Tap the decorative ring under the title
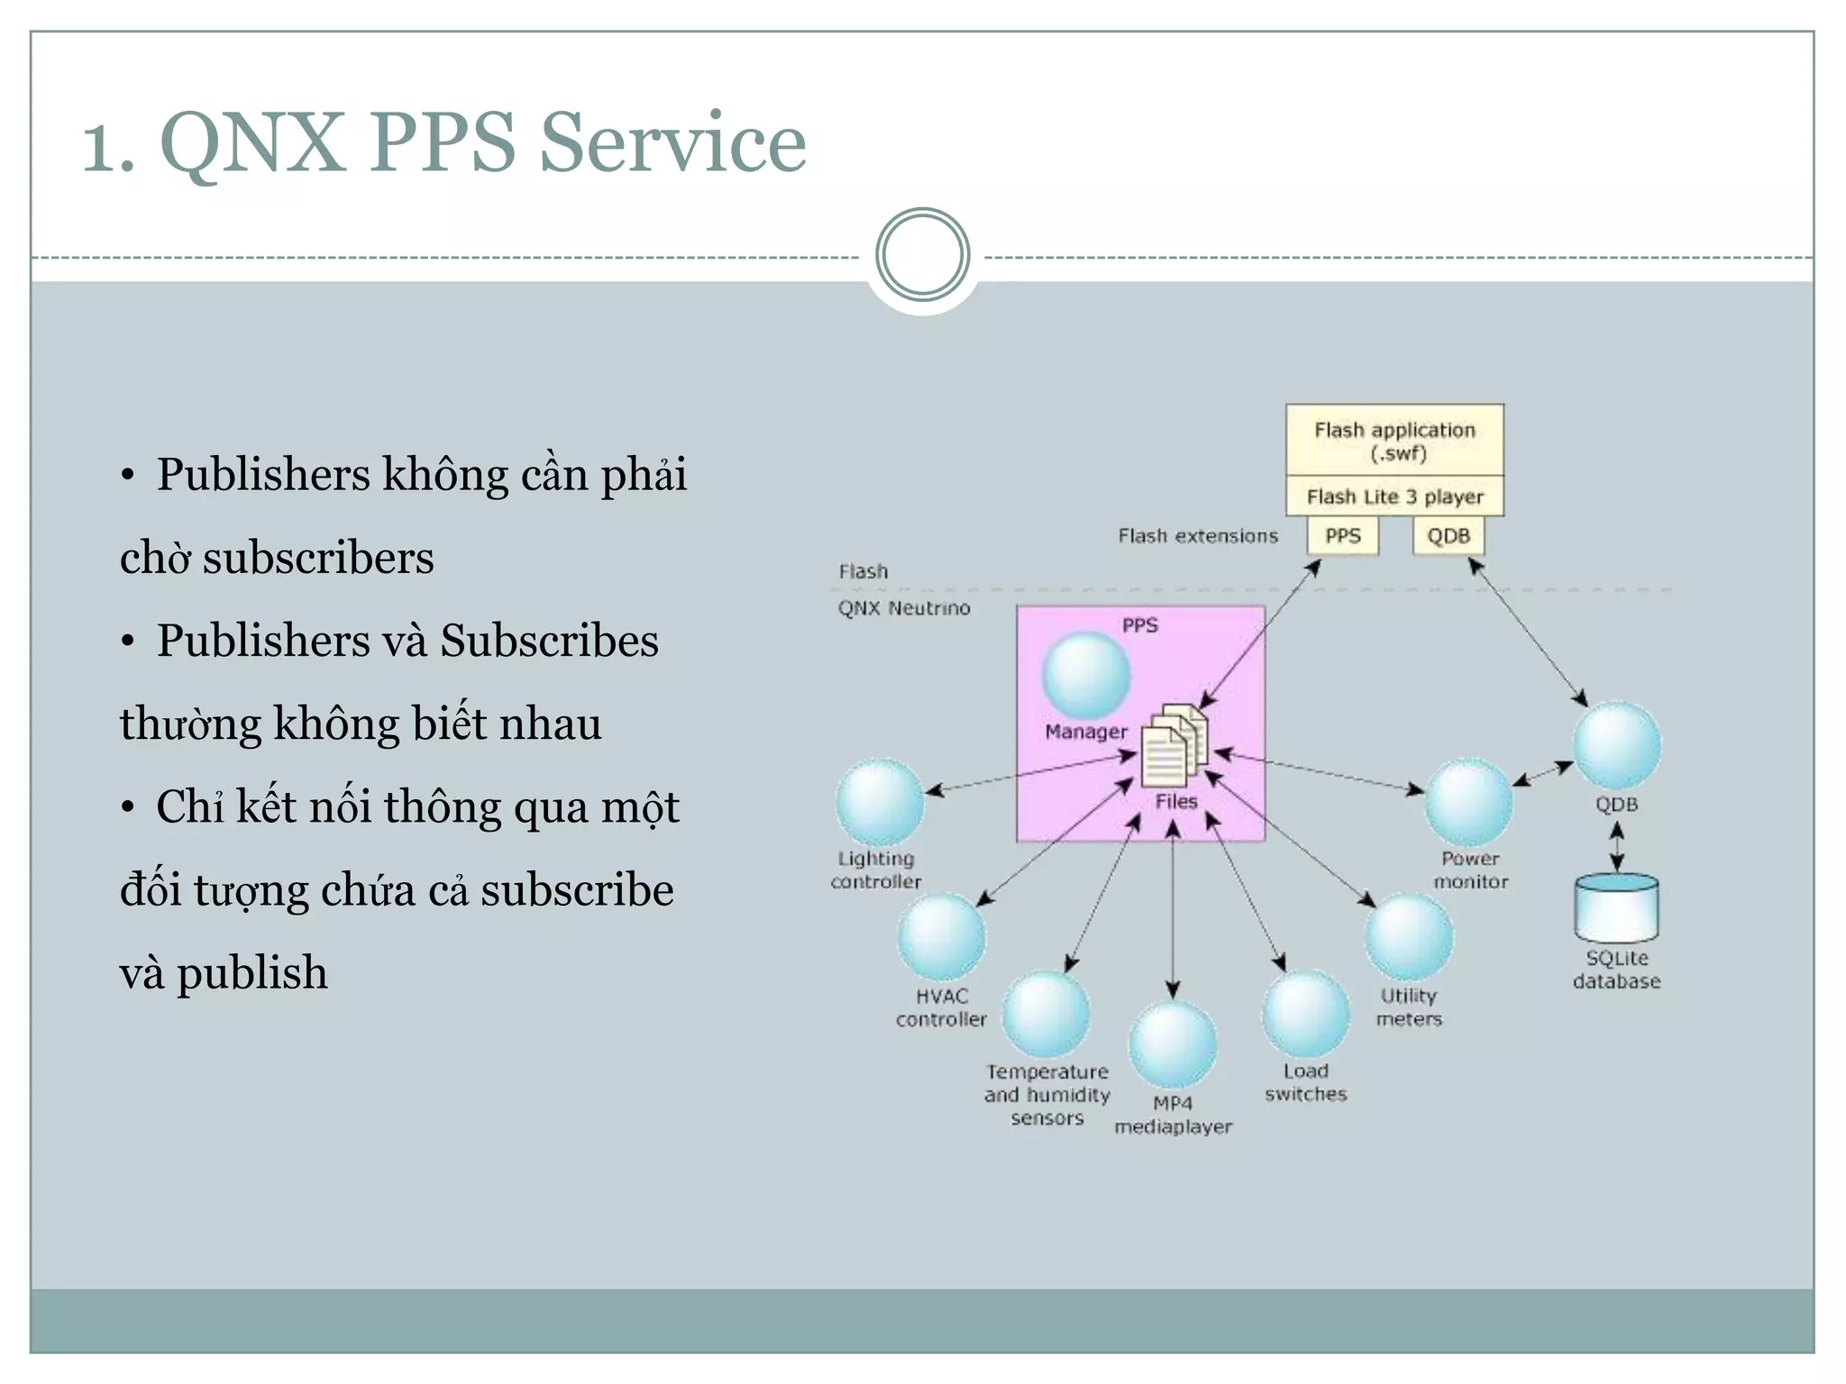922,255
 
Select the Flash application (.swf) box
1394,441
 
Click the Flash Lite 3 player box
1394,496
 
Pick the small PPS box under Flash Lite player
1342,536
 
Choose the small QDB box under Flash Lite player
1448,536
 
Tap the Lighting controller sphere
880,802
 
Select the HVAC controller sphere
941,937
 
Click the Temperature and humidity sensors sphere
1046,1014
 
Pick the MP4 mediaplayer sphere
1173,1045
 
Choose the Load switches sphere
1305,1014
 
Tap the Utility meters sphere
1409,937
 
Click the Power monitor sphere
1468,802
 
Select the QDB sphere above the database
1617,746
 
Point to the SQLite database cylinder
1616,907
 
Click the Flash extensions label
1198,536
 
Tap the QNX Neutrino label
904,608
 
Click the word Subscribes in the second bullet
549,642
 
